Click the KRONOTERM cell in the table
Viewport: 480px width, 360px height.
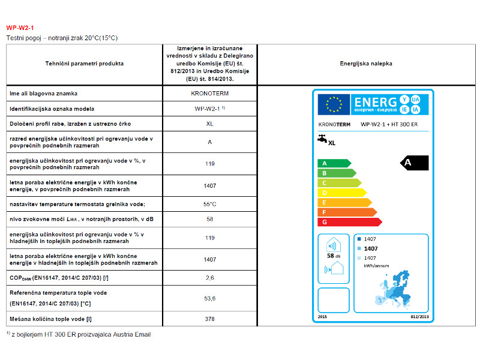tap(209, 94)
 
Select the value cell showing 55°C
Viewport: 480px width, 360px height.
tap(209, 204)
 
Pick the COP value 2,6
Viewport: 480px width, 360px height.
tap(209, 277)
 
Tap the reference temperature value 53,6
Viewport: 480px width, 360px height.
tap(209, 298)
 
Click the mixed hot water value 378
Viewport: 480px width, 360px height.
tap(209, 319)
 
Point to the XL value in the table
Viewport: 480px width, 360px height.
tap(209, 124)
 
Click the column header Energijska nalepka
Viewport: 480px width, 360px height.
tap(366, 63)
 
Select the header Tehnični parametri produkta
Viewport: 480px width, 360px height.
tap(84, 63)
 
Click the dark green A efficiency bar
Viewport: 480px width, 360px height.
tap(333, 163)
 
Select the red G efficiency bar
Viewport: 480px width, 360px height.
tap(349, 222)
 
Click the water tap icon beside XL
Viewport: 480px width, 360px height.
tap(322, 139)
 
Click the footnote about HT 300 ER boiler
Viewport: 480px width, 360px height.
tap(79, 334)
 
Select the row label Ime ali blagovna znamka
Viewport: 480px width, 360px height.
tap(43, 94)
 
